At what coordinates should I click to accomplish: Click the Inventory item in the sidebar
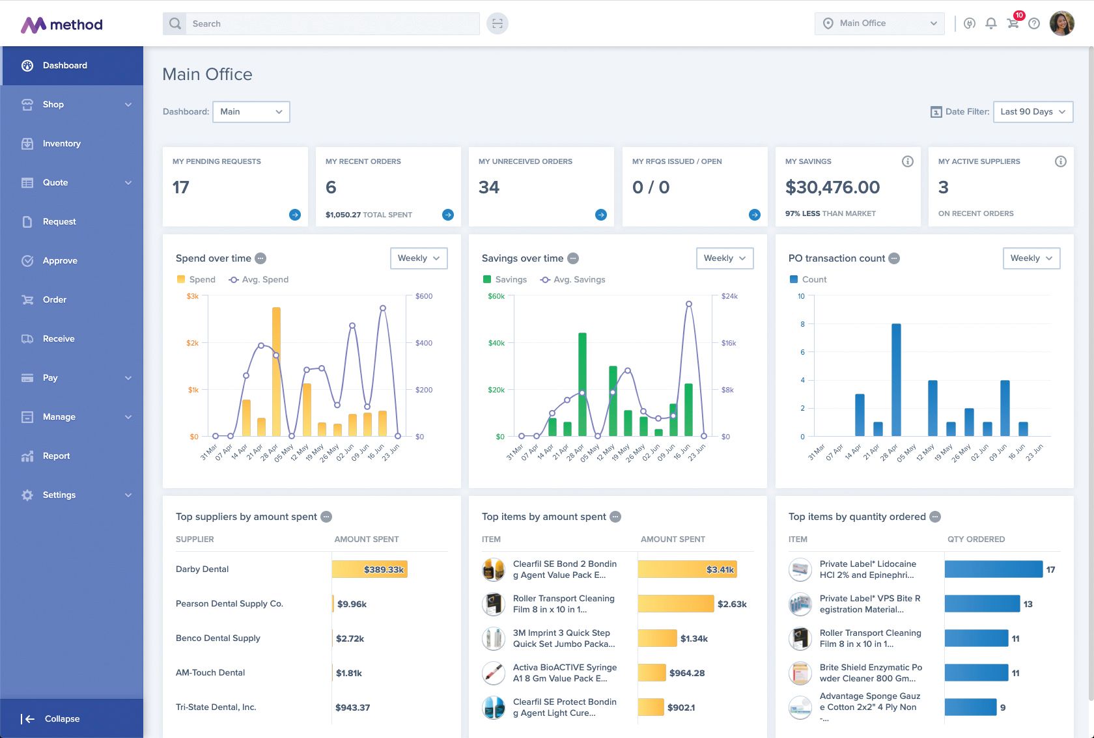(61, 144)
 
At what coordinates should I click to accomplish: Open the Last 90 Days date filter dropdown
(1033, 112)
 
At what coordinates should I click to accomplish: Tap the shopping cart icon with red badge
(1013, 23)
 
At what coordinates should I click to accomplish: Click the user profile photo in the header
(1061, 24)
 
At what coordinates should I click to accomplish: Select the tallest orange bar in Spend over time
(276, 371)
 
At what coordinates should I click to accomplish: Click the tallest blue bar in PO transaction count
(896, 379)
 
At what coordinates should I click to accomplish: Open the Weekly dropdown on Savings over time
(724, 258)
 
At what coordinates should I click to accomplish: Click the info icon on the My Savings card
(907, 161)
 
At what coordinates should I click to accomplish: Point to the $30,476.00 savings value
(832, 187)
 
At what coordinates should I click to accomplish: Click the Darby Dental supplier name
(202, 569)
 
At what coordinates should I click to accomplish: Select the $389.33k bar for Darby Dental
(369, 569)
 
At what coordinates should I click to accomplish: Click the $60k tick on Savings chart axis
(496, 296)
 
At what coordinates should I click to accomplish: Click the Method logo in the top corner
(62, 25)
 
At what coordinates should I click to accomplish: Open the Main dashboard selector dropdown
(251, 112)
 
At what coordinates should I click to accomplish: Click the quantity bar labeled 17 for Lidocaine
(993, 569)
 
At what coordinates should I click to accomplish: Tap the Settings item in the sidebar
(59, 495)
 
